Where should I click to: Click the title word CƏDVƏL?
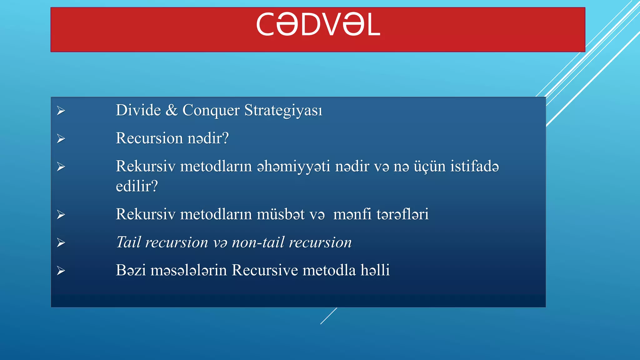318,25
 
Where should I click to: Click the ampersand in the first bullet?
171,110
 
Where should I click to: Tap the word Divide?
138,110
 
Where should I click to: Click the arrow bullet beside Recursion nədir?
61,138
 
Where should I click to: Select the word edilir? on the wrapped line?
137,187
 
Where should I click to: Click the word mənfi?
352,214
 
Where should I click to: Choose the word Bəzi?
131,270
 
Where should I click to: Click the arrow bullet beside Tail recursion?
61,243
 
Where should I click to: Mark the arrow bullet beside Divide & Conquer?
61,111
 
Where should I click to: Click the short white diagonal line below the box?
328,316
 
